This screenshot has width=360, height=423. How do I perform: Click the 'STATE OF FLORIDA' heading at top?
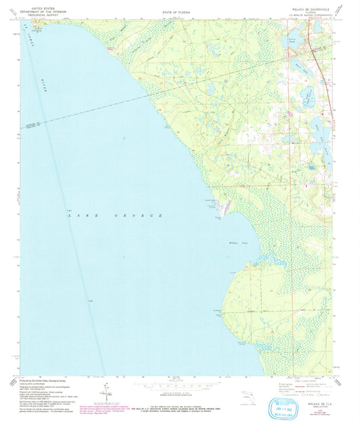tap(176, 13)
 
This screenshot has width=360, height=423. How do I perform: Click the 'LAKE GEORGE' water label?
tap(115, 215)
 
